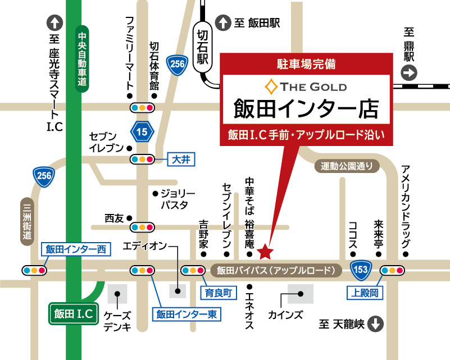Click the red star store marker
(x=266, y=247)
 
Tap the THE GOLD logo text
(x=306, y=86)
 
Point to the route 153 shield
(x=361, y=270)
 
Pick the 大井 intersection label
(x=181, y=160)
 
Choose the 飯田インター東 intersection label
(x=186, y=314)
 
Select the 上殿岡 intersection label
(x=365, y=293)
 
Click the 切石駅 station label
(x=202, y=48)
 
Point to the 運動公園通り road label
(x=347, y=166)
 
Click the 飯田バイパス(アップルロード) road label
(x=276, y=270)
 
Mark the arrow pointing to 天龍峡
(x=376, y=324)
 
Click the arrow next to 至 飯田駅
(x=223, y=23)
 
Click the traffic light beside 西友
(x=142, y=227)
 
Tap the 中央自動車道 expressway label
(x=82, y=58)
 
